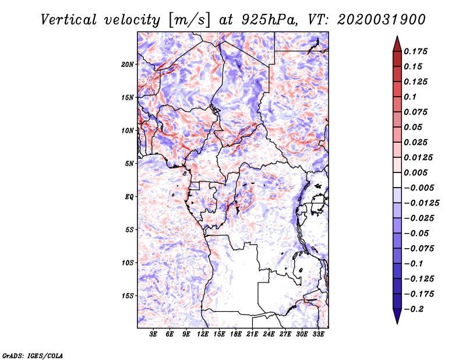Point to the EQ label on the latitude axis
(x=130, y=197)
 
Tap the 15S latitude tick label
(x=128, y=296)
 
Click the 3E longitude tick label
(x=154, y=334)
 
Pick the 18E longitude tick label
(x=236, y=334)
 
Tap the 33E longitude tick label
(x=318, y=334)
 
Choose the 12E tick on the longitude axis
(x=203, y=334)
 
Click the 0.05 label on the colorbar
(x=414, y=127)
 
